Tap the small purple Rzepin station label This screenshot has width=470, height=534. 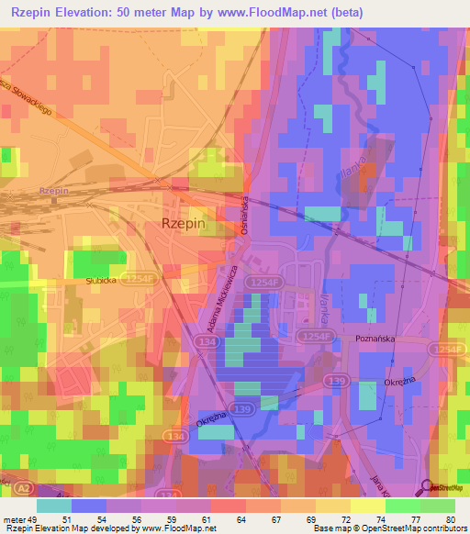tap(54, 190)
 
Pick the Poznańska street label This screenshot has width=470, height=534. tap(374, 339)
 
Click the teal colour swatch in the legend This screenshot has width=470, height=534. tap(53, 506)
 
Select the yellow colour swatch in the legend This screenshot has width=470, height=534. tap(368, 506)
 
